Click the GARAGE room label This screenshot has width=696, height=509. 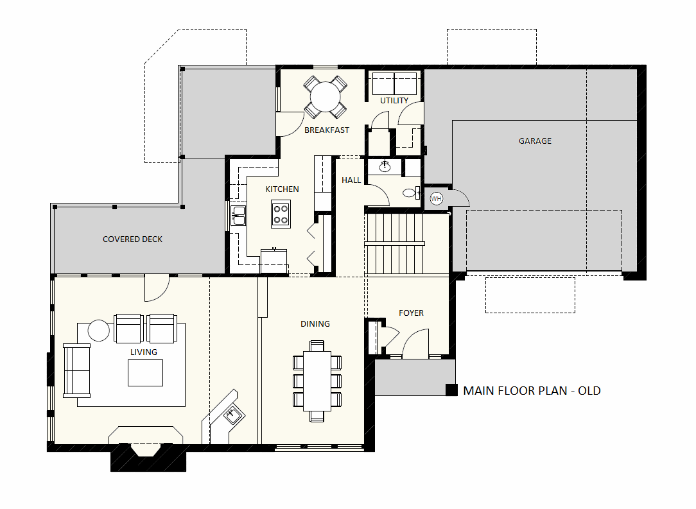535,141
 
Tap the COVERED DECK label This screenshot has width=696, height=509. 132,239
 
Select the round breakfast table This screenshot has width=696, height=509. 326,97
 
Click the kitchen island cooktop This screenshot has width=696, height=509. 281,214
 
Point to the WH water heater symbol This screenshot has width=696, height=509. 436,198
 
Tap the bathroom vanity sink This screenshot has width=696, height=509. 385,167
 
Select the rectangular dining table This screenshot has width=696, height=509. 317,381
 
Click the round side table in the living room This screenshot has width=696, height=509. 98,331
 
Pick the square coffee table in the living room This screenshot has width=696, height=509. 146,373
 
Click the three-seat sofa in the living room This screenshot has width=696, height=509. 77,370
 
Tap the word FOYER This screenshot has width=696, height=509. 411,313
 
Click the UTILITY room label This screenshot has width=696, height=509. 394,101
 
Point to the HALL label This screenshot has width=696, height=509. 351,180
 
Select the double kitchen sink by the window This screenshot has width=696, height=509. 238,215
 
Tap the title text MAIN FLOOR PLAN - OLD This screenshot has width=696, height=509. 532,391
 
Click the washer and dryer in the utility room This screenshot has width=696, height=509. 394,83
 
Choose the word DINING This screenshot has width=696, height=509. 315,324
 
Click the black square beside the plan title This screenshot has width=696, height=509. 451,390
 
